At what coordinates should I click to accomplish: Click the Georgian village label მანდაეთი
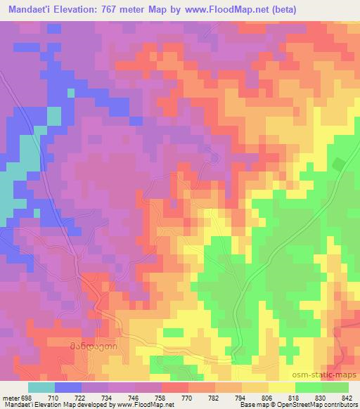pyautogui.click(x=92, y=346)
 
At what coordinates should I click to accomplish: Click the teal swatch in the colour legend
pyautogui.click(x=41, y=387)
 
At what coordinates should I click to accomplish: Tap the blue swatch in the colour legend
pyautogui.click(x=68, y=387)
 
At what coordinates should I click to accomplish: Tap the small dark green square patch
pyautogui.click(x=338, y=164)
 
